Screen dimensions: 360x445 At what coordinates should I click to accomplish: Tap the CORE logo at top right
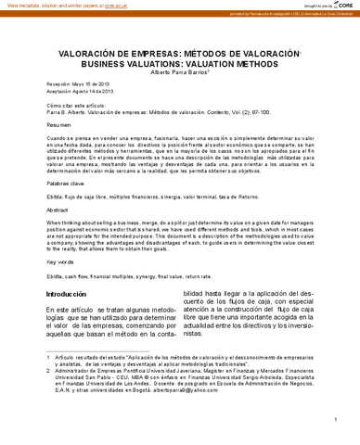[x=341, y=6]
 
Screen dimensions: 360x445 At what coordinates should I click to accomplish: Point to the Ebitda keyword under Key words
[x=54, y=276]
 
